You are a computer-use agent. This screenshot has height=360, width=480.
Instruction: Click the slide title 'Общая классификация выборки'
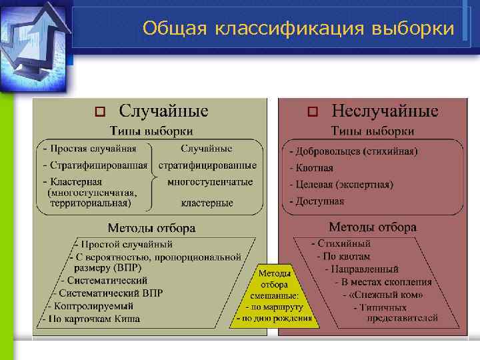coord(298,29)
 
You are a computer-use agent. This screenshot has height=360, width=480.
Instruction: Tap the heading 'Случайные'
coord(163,111)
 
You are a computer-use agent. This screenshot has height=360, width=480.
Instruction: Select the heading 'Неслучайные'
coord(385,111)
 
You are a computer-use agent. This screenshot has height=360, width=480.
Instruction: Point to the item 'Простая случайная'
coord(89,149)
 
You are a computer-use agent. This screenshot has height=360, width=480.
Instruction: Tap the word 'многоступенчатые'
coord(210,181)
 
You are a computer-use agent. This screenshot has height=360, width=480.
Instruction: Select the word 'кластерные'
coord(207,203)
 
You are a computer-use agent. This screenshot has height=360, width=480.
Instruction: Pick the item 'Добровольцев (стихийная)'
coord(353,151)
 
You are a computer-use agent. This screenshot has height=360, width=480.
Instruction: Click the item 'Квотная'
coord(311,168)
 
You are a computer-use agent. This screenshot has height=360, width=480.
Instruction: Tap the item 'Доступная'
coord(317,201)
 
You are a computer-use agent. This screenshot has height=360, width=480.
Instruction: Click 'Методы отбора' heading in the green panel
coord(151,228)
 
